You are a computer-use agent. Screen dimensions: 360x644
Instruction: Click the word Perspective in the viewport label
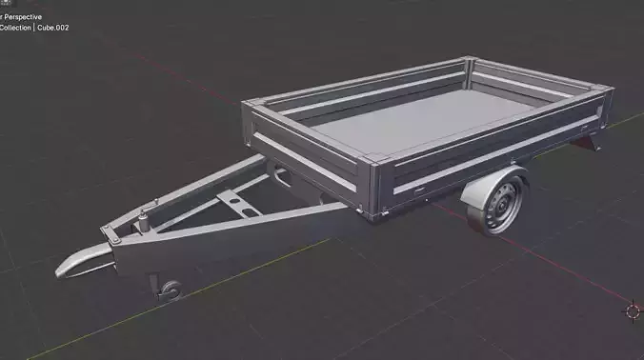pos(21,16)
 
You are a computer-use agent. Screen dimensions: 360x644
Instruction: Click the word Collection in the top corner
pos(15,28)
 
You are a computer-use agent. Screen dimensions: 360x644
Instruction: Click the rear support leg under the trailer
pos(596,144)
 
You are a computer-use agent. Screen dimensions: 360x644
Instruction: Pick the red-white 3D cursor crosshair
pos(633,310)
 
